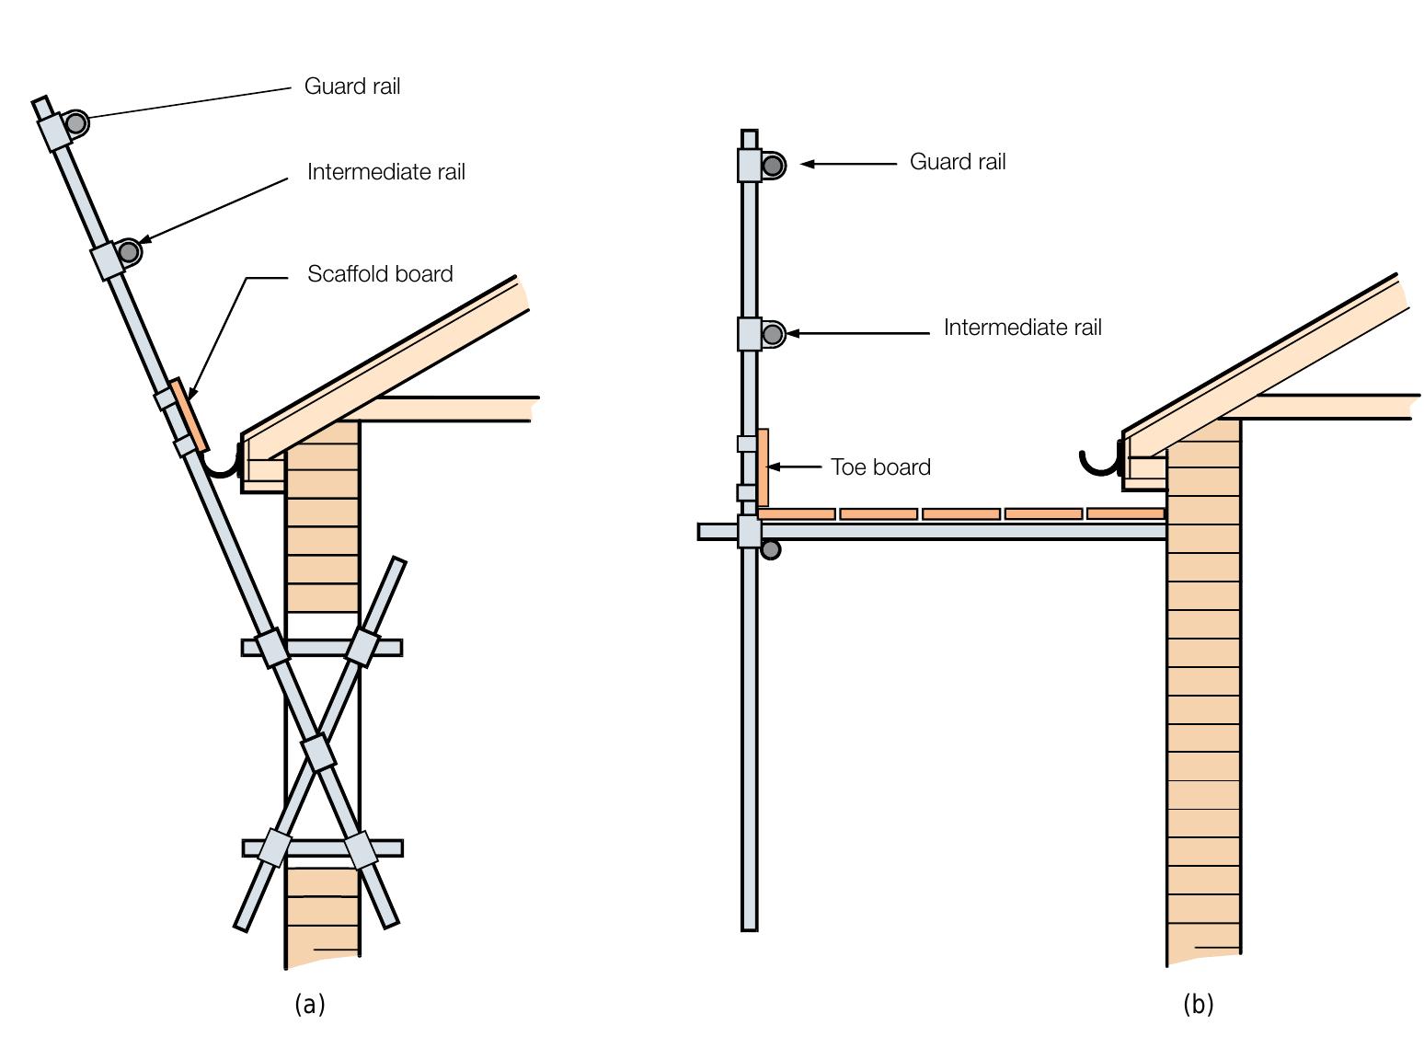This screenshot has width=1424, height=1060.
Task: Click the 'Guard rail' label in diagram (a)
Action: pyautogui.click(x=352, y=86)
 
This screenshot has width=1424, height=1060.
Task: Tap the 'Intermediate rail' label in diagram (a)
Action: pyautogui.click(x=385, y=172)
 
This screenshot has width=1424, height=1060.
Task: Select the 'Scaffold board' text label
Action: pyautogui.click(x=380, y=274)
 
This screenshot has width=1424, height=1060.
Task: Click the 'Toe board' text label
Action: pyautogui.click(x=880, y=467)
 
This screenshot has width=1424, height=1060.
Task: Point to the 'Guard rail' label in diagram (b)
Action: pyautogui.click(x=958, y=162)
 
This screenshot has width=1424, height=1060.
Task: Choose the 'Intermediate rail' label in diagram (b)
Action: pyautogui.click(x=1022, y=328)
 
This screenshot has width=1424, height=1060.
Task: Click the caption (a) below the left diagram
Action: pyautogui.click(x=310, y=1004)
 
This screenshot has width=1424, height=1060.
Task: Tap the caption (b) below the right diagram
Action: pyautogui.click(x=1198, y=1004)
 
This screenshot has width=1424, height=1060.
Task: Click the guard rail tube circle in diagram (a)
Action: pyautogui.click(x=76, y=122)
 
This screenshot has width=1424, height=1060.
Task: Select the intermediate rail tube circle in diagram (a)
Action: pyautogui.click(x=129, y=251)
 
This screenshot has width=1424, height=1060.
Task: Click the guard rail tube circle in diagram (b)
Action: pyautogui.click(x=774, y=166)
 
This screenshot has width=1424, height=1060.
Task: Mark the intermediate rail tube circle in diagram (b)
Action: pyautogui.click(x=773, y=334)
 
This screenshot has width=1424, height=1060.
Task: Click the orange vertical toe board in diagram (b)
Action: pyautogui.click(x=763, y=467)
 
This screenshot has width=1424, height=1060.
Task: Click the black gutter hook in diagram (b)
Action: pyautogui.click(x=1100, y=463)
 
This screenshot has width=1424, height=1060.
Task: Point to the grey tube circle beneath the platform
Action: pyautogui.click(x=771, y=550)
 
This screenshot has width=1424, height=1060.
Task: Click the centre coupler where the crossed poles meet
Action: pyautogui.click(x=318, y=753)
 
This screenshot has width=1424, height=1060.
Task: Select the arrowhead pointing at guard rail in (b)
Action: pyautogui.click(x=808, y=164)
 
